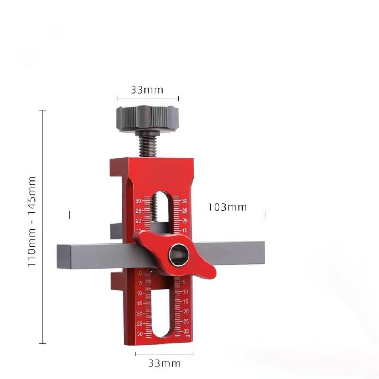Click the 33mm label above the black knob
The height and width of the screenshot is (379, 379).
(x=147, y=90)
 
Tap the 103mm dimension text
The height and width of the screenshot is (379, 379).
(x=227, y=207)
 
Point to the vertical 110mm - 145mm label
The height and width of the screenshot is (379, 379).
(x=32, y=221)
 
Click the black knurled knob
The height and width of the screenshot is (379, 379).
(x=147, y=118)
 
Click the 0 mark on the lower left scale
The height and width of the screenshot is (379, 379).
(x=140, y=273)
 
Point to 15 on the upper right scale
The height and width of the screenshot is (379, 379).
(x=185, y=230)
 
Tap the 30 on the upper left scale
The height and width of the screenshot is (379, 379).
(x=138, y=201)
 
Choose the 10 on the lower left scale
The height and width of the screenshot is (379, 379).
(x=139, y=293)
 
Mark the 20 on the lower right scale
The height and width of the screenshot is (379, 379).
(x=186, y=312)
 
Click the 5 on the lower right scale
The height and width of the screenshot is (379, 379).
(x=184, y=282)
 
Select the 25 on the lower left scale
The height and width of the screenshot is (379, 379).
(x=139, y=324)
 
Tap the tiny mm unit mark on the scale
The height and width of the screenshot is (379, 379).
(x=187, y=336)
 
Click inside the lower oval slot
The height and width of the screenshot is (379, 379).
(x=161, y=311)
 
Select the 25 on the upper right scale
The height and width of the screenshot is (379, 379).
(x=185, y=211)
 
